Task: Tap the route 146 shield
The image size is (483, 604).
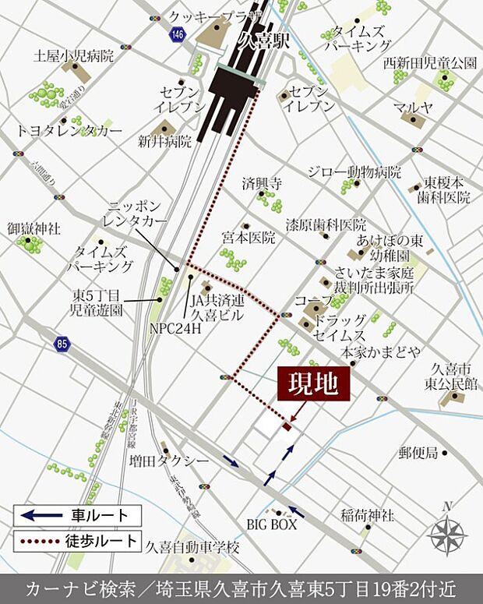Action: point(178,34)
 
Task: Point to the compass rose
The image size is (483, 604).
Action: point(447,535)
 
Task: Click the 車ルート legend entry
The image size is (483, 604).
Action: point(78,515)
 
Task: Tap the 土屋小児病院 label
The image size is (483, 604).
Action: point(74,56)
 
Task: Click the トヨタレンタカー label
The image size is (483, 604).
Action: point(69,130)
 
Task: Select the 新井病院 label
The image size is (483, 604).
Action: point(164,142)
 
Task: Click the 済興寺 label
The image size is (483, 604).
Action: point(261,185)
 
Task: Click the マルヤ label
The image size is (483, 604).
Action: point(413,107)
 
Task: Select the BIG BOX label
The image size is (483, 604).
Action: point(272,524)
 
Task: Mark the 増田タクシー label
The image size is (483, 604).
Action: point(169,461)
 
